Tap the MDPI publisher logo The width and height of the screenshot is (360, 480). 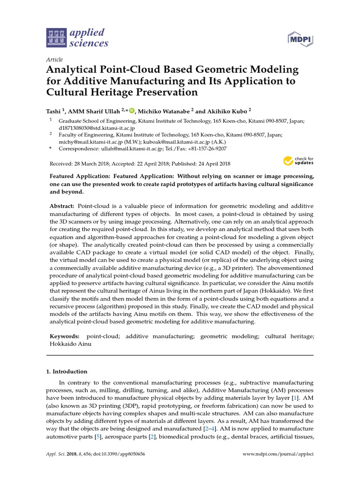click(x=300, y=40)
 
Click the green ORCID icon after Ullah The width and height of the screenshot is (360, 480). click(x=131, y=111)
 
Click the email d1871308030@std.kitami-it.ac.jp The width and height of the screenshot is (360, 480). click(x=97, y=127)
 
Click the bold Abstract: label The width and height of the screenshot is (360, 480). click(x=62, y=206)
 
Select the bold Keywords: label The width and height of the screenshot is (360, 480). click(x=65, y=337)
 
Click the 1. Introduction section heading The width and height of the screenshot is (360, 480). click(x=67, y=371)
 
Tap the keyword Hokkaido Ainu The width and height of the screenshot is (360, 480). click(x=68, y=344)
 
